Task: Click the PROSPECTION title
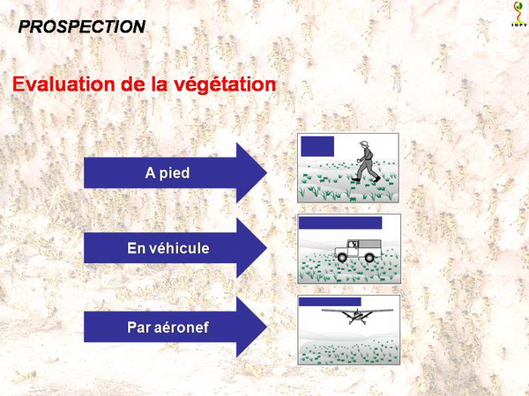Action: point(82,26)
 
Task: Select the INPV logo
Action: point(519,14)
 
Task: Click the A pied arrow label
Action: point(168,173)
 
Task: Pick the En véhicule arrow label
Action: point(168,248)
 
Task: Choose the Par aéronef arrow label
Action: point(168,327)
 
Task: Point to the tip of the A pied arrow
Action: point(267,173)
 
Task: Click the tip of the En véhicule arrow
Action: point(267,248)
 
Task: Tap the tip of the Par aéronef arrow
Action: point(267,327)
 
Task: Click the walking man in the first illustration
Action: point(367,161)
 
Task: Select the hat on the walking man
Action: point(364,143)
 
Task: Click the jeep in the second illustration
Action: point(358,251)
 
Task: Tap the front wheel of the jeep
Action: point(342,258)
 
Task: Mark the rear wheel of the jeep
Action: point(369,258)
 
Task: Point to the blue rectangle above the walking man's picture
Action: point(317,146)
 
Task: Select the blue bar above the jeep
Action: point(340,223)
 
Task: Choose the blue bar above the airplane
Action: point(330,302)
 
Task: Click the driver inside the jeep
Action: point(354,244)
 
